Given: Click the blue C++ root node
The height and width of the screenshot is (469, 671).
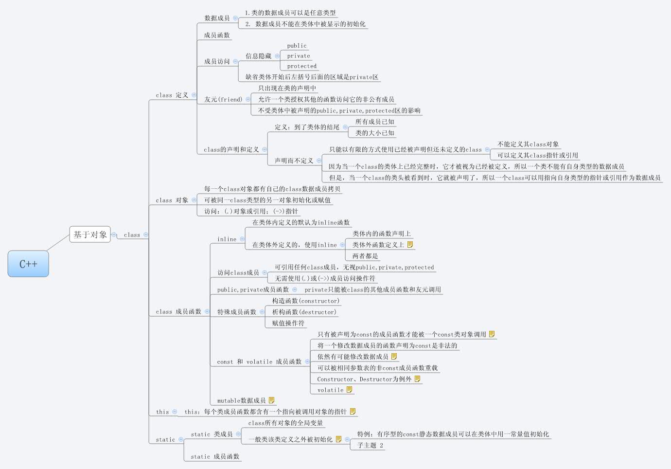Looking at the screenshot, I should point(28,264).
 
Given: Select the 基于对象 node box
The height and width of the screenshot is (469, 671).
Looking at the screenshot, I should point(90,234).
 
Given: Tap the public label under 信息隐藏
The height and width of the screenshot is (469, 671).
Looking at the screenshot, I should point(297,46).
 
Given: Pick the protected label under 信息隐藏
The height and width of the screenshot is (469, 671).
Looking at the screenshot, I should point(301,66).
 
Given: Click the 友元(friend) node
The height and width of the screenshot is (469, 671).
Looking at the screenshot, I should point(223,99).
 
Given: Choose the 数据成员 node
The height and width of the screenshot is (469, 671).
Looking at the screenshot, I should point(217,18).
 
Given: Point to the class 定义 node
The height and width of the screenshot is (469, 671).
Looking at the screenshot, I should point(172,95).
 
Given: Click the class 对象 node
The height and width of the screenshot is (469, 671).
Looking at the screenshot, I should point(172,200).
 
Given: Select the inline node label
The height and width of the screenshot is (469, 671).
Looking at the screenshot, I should point(227,239).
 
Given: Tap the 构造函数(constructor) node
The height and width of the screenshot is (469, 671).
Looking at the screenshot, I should point(306,301).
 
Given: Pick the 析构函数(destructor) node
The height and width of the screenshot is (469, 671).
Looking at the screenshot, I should point(304,312).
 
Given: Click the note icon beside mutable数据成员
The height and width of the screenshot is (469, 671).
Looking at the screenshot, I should point(271,400).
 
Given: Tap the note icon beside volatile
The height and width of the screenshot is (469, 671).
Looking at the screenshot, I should point(349,390).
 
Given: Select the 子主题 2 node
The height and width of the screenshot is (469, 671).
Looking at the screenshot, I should point(370,445).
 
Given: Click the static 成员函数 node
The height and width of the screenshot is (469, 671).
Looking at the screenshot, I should point(215,456).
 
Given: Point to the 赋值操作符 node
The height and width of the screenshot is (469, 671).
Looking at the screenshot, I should point(288,323).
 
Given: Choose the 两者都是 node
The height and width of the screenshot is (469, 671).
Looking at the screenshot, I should point(365,256).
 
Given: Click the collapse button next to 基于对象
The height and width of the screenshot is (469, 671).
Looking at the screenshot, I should point(114,234).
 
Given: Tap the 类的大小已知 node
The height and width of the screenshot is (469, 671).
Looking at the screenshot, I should point(374,133).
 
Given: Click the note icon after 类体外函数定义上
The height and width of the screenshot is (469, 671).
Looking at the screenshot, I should point(410,245).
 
